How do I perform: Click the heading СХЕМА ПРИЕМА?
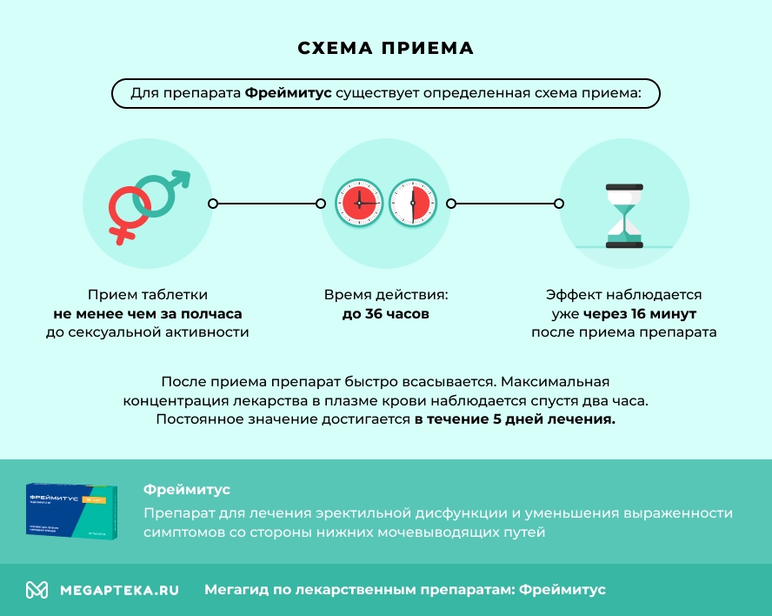386,48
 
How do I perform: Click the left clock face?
360,204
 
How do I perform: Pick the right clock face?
412,204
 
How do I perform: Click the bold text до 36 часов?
386,314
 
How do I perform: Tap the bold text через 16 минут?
640,314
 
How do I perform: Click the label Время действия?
386,295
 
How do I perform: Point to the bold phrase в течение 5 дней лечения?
515,419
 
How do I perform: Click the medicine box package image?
71,511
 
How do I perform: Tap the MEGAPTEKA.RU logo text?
119,590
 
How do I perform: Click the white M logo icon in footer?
37,590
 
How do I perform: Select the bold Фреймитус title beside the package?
187,490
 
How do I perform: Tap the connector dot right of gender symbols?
212,204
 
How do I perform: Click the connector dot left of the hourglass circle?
559,204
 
